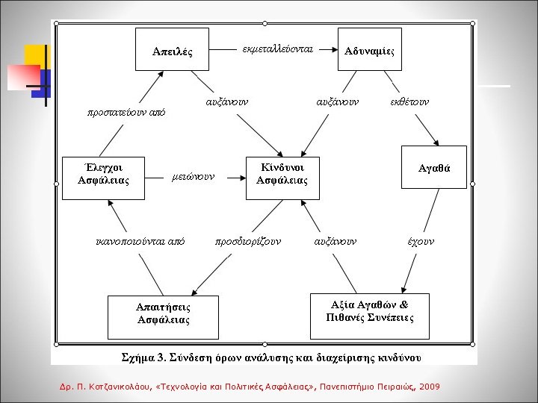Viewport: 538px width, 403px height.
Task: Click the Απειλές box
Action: (172, 51)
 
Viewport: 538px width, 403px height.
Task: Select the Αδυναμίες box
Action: (369, 50)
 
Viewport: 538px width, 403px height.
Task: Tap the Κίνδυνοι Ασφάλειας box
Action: (282, 173)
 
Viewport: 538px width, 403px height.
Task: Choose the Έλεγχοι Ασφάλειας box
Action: (103, 173)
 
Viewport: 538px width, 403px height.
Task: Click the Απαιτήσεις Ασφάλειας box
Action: (163, 313)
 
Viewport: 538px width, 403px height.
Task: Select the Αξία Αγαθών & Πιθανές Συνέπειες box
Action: (369, 311)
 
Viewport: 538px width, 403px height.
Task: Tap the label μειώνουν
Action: (193, 177)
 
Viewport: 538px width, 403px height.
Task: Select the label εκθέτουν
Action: (409, 100)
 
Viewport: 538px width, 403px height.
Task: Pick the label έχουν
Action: (421, 241)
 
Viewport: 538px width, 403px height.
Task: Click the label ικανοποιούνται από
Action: (140, 241)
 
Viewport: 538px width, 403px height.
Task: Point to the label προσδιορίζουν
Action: (247, 241)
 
